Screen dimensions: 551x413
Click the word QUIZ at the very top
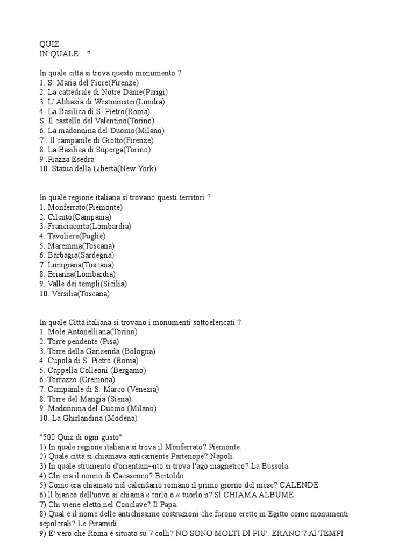[49, 44]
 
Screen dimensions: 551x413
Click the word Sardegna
[97, 255]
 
